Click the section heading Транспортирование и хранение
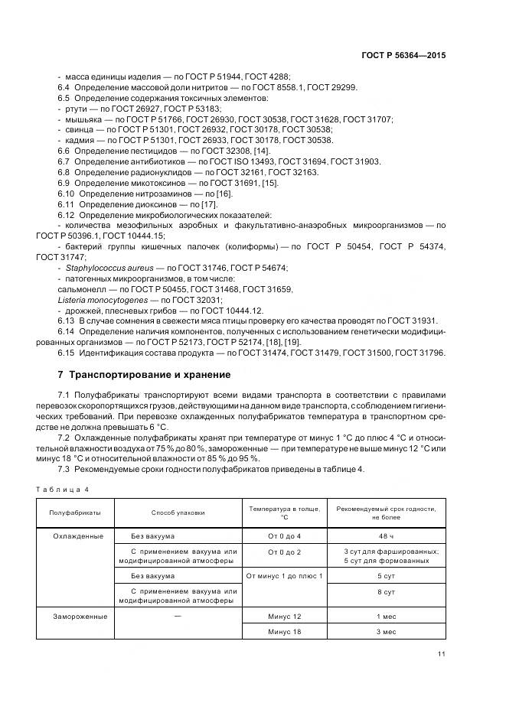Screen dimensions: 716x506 click(144, 375)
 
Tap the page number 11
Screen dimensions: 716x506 click(442, 654)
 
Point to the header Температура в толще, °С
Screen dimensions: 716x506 click(284, 513)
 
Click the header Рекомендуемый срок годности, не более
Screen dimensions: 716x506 click(390, 513)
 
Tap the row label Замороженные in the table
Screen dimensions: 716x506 click(80, 616)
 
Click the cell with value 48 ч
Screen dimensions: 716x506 click(387, 536)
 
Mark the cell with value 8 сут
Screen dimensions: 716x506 click(387, 592)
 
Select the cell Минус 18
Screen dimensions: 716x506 click(284, 633)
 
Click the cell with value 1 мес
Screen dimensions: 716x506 click(387, 616)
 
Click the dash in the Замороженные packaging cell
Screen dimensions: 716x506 click(178, 615)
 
